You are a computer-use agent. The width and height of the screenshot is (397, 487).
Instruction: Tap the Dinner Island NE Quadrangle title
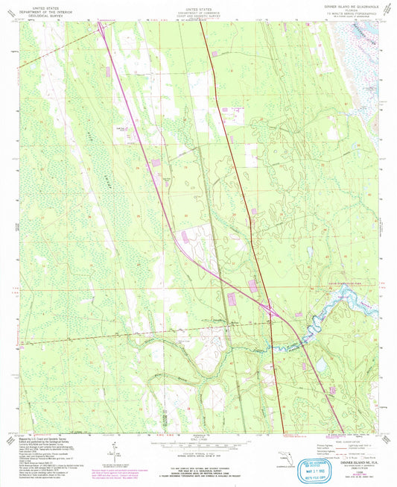tap(351, 4)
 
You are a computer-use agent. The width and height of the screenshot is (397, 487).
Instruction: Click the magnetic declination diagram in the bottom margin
tap(113, 451)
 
